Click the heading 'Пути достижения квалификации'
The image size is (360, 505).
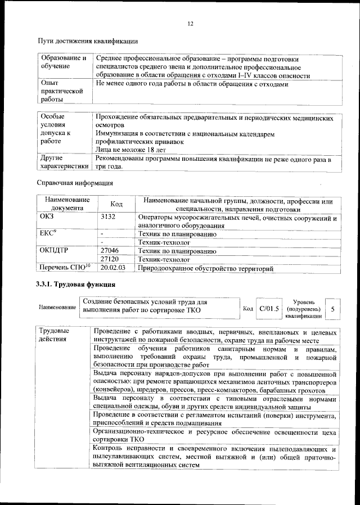pyautogui.click(x=87, y=41)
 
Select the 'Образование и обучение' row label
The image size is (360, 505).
pyautogui.click(x=63, y=62)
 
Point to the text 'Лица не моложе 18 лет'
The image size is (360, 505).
pyautogui.click(x=130, y=151)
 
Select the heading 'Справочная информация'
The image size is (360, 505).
pyautogui.click(x=75, y=183)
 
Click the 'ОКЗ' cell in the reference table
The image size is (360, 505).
pyautogui.click(x=48, y=217)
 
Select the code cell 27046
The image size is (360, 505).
pyautogui.click(x=109, y=251)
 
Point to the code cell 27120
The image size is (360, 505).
pyautogui.click(x=109, y=260)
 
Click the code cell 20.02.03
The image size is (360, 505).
pyautogui.click(x=112, y=269)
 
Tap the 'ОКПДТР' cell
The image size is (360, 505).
pyautogui.click(x=55, y=251)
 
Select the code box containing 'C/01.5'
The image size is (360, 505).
pyautogui.click(x=268, y=309)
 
